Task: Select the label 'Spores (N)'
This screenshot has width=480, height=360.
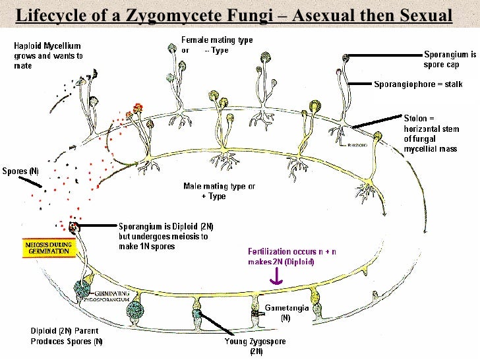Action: click(x=20, y=171)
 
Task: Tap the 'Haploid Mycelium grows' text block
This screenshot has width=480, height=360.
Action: click(x=47, y=56)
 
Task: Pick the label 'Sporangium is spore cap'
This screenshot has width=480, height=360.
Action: click(x=450, y=59)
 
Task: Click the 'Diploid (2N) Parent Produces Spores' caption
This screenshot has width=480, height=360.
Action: click(x=66, y=336)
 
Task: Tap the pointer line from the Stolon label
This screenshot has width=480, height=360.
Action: click(x=378, y=121)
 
